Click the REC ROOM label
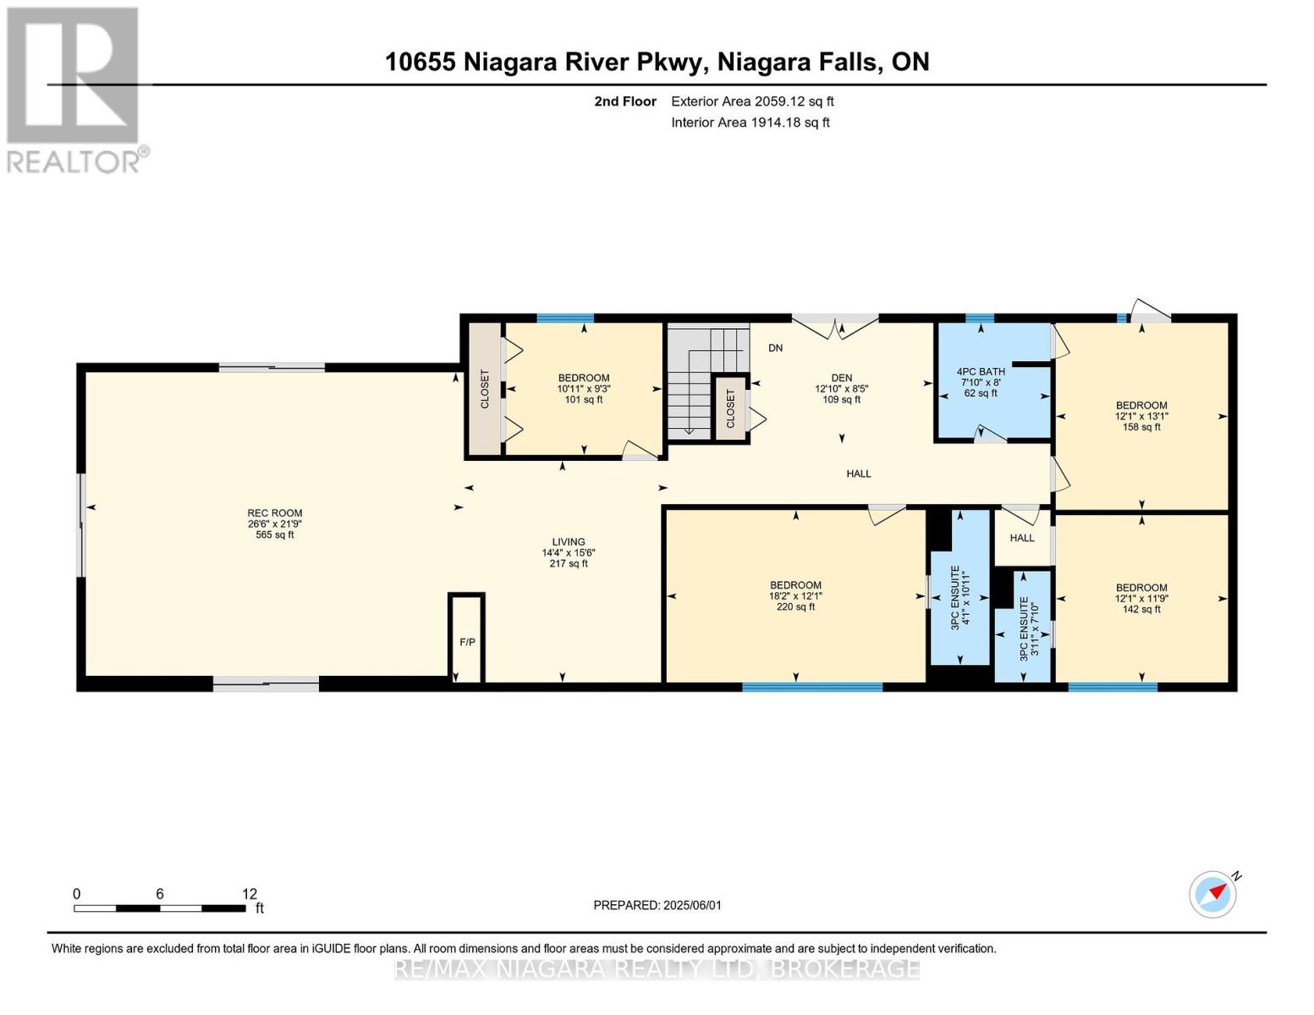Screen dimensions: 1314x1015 pyautogui.click(x=274, y=513)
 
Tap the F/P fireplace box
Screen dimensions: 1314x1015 pyautogui.click(x=466, y=639)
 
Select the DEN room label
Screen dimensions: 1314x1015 pyautogui.click(x=841, y=378)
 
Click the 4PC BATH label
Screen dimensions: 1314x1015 pyautogui.click(x=980, y=372)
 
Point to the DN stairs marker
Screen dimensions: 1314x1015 pyautogui.click(x=775, y=348)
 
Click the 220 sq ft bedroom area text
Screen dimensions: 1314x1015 pyautogui.click(x=795, y=607)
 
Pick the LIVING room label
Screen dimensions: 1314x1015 pyautogui.click(x=569, y=542)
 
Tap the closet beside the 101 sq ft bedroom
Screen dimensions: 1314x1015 pyautogui.click(x=485, y=389)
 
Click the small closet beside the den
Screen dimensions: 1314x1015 pyautogui.click(x=730, y=409)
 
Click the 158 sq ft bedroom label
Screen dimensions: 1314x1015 pyautogui.click(x=1141, y=416)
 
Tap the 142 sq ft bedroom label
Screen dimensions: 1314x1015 pyautogui.click(x=1141, y=599)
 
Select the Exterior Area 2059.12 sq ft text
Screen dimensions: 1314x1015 pyautogui.click(x=752, y=101)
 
